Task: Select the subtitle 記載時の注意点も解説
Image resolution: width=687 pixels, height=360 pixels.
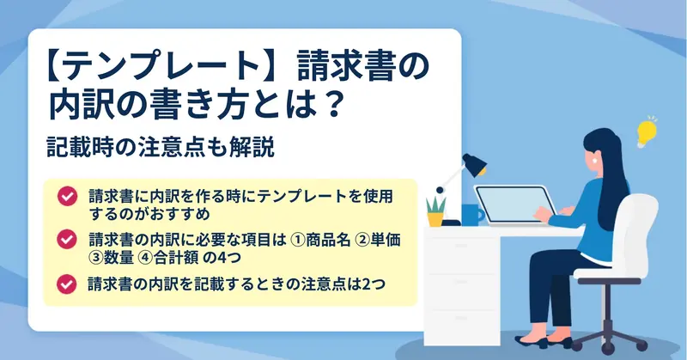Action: [161, 147]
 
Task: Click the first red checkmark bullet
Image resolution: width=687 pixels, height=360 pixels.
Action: [67, 196]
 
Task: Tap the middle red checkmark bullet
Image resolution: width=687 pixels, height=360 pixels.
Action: [67, 240]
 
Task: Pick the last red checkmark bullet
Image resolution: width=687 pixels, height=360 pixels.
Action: [67, 284]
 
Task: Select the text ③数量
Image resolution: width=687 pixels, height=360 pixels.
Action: [112, 258]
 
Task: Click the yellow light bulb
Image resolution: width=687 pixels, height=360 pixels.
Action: [647, 132]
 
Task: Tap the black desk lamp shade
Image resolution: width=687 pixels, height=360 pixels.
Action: [475, 164]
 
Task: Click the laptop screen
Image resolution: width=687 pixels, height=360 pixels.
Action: [513, 204]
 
